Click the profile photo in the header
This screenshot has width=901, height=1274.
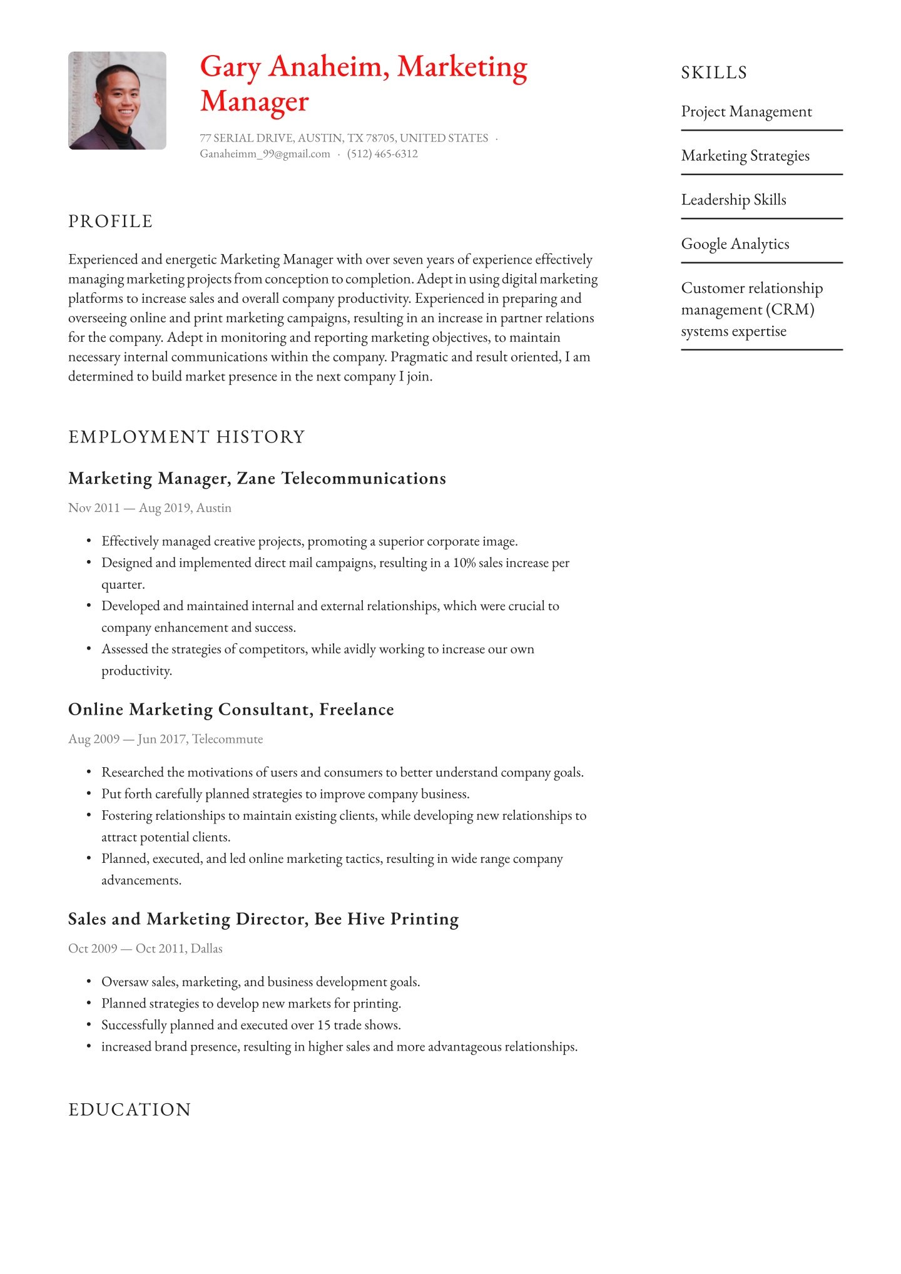coord(117,101)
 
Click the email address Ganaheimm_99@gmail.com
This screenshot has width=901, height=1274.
coord(265,154)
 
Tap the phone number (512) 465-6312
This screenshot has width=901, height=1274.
coord(382,154)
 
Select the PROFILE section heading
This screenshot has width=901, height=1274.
coord(111,222)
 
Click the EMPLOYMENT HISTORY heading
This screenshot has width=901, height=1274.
coord(186,437)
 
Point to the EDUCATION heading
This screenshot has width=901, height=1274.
coord(130,1109)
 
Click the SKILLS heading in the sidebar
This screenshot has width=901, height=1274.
coord(714,73)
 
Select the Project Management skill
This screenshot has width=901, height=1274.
coord(746,112)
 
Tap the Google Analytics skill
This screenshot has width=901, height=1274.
coord(735,244)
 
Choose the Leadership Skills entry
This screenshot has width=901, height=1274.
coord(733,200)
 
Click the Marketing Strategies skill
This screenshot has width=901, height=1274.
coord(745,156)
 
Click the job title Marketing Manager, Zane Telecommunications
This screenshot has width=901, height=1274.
coord(257,479)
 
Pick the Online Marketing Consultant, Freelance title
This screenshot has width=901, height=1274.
coord(231,710)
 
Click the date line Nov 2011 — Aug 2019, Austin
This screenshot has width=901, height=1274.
coord(150,508)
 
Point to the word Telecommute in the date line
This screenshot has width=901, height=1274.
coord(228,739)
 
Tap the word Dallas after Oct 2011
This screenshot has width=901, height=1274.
coord(206,949)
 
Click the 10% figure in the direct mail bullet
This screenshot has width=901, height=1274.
coord(464,563)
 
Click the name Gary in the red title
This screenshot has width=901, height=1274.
coord(230,68)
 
